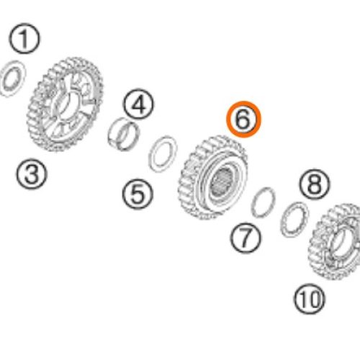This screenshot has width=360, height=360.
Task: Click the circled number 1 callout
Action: pyautogui.click(x=24, y=38)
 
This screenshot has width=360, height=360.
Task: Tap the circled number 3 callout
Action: pyautogui.click(x=32, y=174)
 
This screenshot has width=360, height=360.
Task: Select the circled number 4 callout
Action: pyautogui.click(x=138, y=104)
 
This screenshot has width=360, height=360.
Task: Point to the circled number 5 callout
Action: pyautogui.click(x=138, y=194)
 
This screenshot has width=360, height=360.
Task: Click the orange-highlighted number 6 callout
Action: pyautogui.click(x=243, y=120)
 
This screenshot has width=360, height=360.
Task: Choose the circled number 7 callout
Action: pyautogui.click(x=245, y=238)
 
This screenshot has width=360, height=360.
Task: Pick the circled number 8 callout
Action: pyautogui.click(x=315, y=184)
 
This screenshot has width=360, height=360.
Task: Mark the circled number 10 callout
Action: pyautogui.click(x=309, y=299)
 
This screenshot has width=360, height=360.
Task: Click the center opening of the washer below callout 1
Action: pyautogui.click(x=12, y=78)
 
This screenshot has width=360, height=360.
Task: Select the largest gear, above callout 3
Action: pyautogui.click(x=65, y=104)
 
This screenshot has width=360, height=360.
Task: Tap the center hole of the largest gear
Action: pyautogui.click(x=64, y=106)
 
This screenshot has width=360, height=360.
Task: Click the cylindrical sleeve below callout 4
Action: pyautogui.click(x=123, y=135)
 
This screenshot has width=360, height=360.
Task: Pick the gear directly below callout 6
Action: pyautogui.click(x=212, y=178)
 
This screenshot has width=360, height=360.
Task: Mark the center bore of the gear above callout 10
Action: pyautogui.click(x=340, y=243)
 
